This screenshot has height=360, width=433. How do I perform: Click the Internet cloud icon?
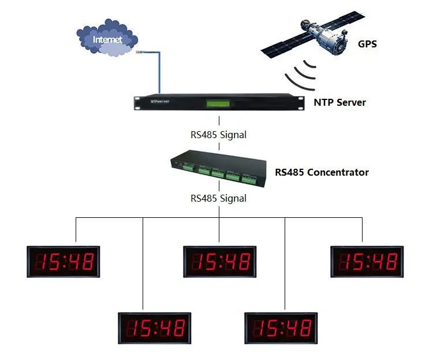pyautogui.click(x=108, y=39)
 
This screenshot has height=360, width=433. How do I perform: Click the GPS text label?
pyautogui.click(x=367, y=43)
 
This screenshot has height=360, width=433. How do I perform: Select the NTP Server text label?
pyautogui.click(x=339, y=102)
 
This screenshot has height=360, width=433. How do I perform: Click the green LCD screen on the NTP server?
pyautogui.click(x=219, y=104)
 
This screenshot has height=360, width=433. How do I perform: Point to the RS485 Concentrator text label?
pyautogui.click(x=322, y=172)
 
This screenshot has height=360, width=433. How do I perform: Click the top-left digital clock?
pyautogui.click(x=64, y=262)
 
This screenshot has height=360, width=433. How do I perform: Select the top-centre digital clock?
pyautogui.click(x=219, y=262)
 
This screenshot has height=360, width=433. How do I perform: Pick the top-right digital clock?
pyautogui.click(x=367, y=261)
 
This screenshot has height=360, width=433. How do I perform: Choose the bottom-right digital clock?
pyautogui.click(x=281, y=328)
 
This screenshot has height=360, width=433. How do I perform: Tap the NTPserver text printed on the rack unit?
pyautogui.click(x=159, y=101)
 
